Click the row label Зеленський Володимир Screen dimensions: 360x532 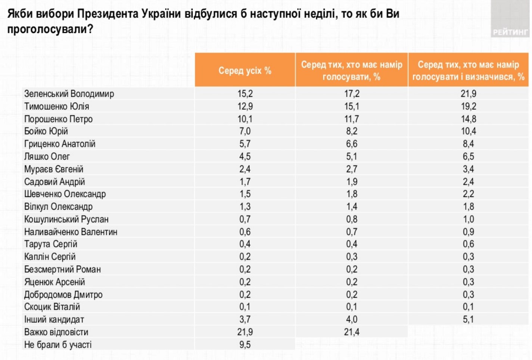69,94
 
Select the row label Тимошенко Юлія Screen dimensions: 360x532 57,106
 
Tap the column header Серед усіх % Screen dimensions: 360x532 245,71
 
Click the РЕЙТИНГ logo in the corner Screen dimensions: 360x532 510,32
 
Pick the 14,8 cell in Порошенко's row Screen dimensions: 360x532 468,119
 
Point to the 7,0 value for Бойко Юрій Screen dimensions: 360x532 245,131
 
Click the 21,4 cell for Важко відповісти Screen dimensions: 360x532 351,332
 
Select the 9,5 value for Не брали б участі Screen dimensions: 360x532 245,345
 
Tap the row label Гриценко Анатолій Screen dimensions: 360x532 60,144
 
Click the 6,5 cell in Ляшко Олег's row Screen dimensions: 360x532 468,157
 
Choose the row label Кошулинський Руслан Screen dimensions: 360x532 66,219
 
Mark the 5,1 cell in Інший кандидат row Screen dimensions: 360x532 468,319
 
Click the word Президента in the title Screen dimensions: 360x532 109,14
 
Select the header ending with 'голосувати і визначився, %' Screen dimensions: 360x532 468,71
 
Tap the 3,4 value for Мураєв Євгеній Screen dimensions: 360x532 468,169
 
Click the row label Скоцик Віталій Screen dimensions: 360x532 52,307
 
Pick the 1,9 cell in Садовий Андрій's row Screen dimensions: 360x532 351,182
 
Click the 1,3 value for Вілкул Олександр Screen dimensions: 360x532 245,207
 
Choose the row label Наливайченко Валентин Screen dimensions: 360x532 71,232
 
